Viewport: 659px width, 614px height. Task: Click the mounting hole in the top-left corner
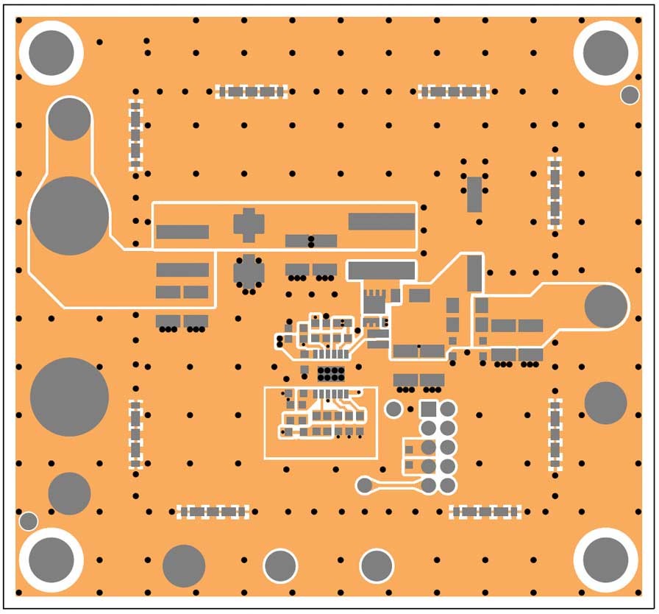click(x=51, y=53)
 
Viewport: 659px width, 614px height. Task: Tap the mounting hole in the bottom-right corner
click(x=605, y=559)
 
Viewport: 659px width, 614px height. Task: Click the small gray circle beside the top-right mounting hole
click(x=630, y=95)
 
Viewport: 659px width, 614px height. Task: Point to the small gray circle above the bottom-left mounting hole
click(x=28, y=521)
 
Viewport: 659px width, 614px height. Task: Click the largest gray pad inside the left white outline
click(x=69, y=216)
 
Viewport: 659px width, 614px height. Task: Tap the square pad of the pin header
click(x=428, y=409)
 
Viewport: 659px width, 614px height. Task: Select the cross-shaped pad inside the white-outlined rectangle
click(x=249, y=225)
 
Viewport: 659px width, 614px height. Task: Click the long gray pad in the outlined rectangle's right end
click(x=381, y=221)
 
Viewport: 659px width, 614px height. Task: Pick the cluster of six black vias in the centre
click(x=331, y=373)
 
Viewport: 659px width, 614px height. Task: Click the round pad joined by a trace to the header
click(x=364, y=485)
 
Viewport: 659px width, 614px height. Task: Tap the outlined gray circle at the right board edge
click(x=606, y=306)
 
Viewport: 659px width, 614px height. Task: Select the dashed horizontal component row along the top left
click(x=251, y=92)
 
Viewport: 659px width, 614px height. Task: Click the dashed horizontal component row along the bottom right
click(x=485, y=512)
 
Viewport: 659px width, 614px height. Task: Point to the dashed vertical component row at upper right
click(x=555, y=193)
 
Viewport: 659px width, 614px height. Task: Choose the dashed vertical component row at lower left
click(x=135, y=434)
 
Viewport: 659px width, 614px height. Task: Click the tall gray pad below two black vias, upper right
click(x=474, y=194)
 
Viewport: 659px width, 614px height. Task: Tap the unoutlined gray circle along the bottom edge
click(x=183, y=566)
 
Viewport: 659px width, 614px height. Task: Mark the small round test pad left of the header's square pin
click(x=394, y=409)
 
